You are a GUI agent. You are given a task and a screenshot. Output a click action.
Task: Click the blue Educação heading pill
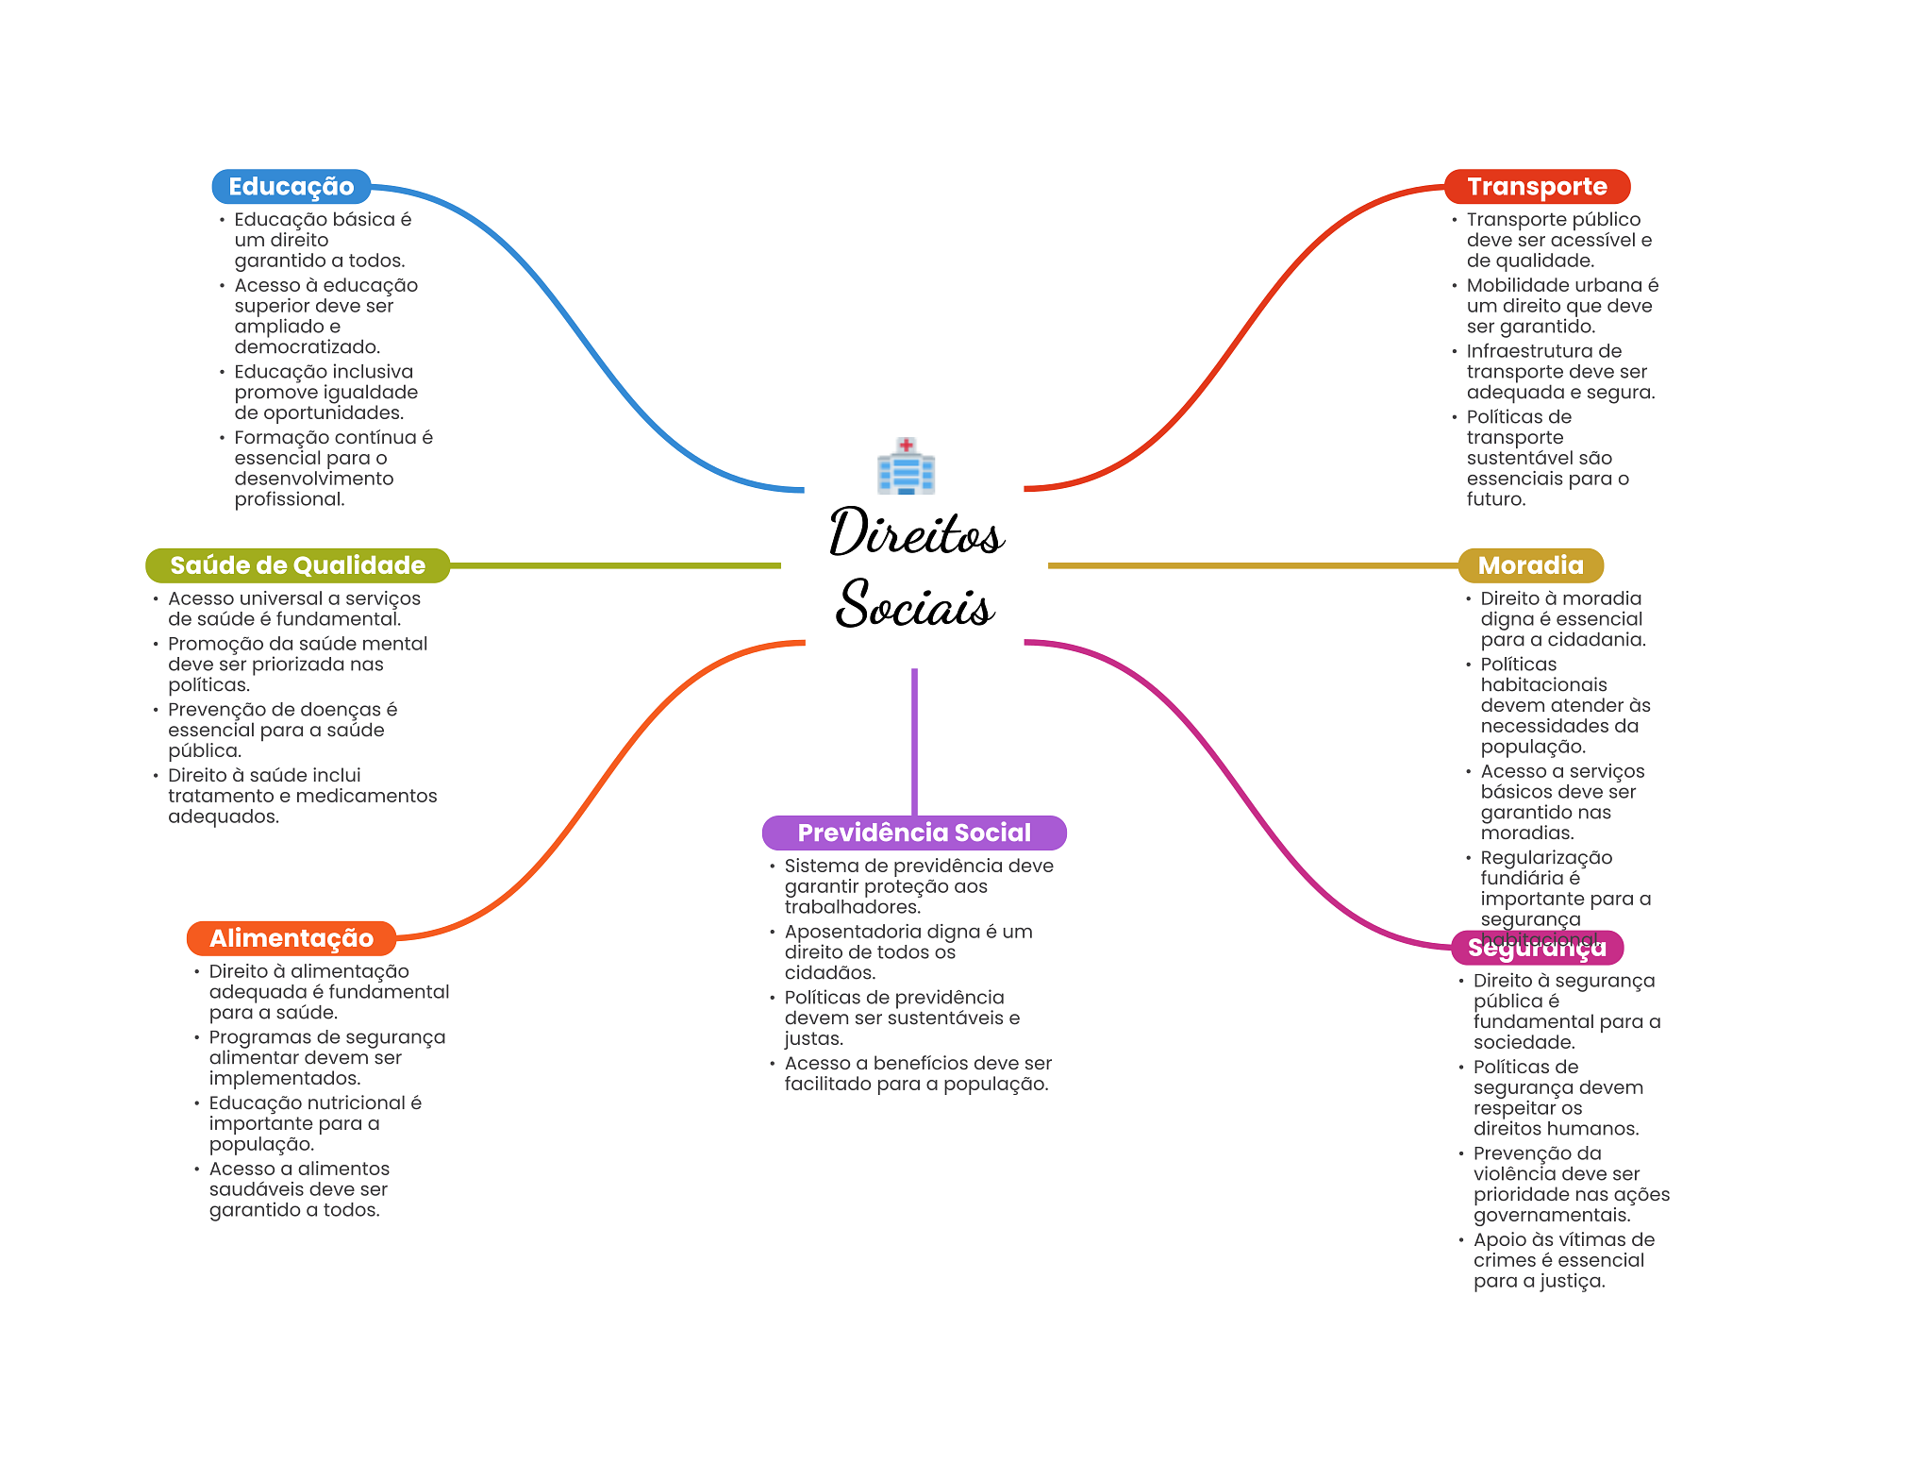click(291, 187)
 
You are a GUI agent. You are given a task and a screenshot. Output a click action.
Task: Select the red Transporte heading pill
click(1537, 187)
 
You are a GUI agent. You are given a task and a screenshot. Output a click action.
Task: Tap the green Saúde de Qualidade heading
click(297, 565)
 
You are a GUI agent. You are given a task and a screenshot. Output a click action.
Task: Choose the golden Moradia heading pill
click(1530, 565)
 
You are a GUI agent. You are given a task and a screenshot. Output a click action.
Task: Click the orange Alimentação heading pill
click(291, 938)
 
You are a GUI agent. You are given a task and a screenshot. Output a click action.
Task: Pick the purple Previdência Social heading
click(914, 833)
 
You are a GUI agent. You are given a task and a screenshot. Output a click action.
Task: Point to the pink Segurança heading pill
click(1537, 948)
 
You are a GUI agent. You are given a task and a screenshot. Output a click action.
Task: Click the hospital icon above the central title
click(906, 465)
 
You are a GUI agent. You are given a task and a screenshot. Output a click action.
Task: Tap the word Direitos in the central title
click(916, 531)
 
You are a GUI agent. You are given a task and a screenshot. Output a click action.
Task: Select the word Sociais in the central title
click(915, 603)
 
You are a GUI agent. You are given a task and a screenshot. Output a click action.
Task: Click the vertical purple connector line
click(914, 742)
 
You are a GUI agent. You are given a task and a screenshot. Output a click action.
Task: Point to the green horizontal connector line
click(615, 565)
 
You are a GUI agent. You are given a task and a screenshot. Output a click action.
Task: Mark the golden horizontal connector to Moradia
click(1253, 565)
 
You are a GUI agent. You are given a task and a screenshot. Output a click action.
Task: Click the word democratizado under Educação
click(307, 347)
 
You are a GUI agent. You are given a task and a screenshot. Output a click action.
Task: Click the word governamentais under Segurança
click(1552, 1216)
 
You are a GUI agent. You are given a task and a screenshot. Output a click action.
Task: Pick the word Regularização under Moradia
click(1546, 858)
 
